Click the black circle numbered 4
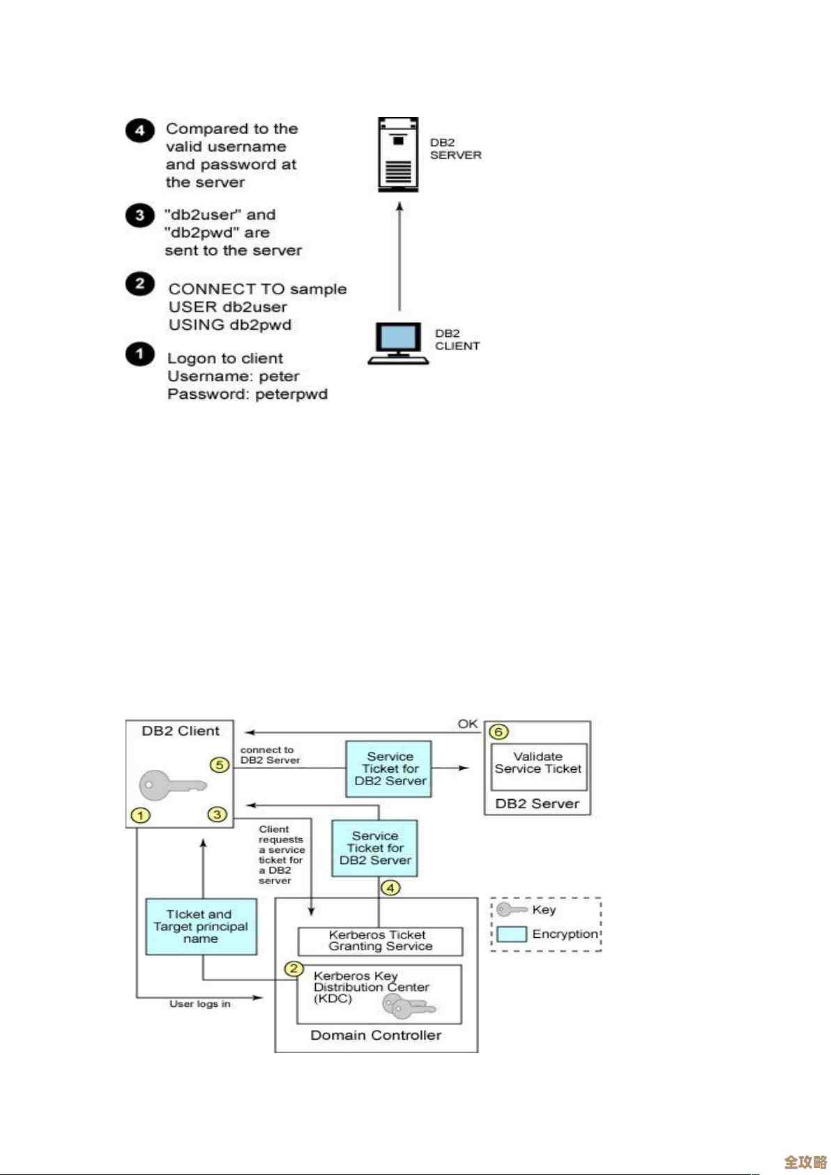pyautogui.click(x=139, y=130)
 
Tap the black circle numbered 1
pyautogui.click(x=139, y=354)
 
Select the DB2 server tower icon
pyautogui.click(x=398, y=154)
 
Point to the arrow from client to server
pyautogui.click(x=399, y=258)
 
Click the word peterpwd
pyautogui.click(x=291, y=394)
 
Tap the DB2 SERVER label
pyautogui.click(x=455, y=149)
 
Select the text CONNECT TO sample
pyautogui.click(x=257, y=289)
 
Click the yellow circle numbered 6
pyautogui.click(x=498, y=731)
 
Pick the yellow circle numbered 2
pyautogui.click(x=293, y=969)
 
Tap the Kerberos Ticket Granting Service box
pyautogui.click(x=380, y=941)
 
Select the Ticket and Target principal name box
pyautogui.click(x=201, y=927)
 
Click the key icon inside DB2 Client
pyautogui.click(x=170, y=786)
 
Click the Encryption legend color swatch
pyautogui.click(x=511, y=934)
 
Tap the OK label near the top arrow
pyautogui.click(x=467, y=724)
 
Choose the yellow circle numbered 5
pyautogui.click(x=220, y=765)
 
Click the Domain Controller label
pyautogui.click(x=376, y=1036)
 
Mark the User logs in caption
pyautogui.click(x=199, y=1003)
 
